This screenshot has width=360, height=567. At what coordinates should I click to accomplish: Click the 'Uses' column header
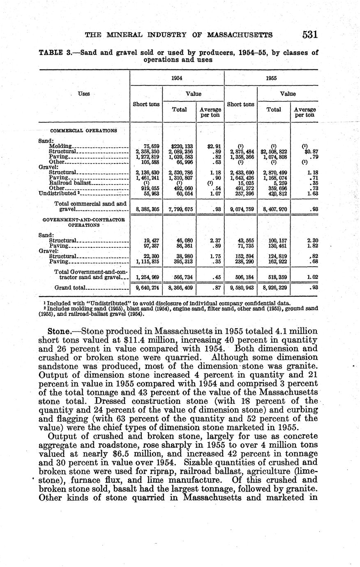click(x=84, y=94)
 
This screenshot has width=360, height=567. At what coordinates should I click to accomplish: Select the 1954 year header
click(x=177, y=78)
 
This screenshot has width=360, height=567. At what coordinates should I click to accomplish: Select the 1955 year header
click(x=271, y=78)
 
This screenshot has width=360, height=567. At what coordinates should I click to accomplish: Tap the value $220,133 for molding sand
click(x=182, y=146)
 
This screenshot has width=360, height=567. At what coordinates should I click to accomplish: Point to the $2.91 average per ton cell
click(x=214, y=146)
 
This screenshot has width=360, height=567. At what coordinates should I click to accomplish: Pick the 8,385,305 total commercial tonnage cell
click(x=148, y=210)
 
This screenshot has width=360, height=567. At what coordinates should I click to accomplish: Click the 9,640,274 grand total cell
click(x=148, y=288)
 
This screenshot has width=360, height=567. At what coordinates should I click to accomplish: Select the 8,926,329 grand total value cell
click(x=275, y=288)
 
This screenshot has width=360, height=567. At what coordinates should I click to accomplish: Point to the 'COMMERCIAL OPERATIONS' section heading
click(x=83, y=131)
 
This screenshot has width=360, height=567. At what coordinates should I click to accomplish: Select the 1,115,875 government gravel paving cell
click(x=148, y=261)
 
